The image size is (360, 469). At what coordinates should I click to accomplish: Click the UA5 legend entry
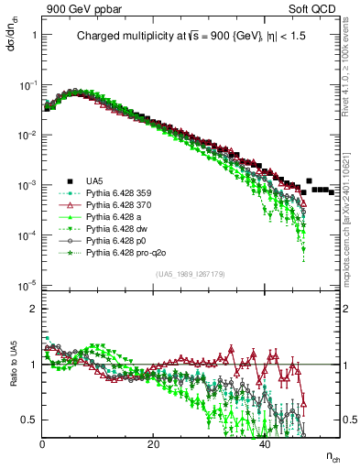click(94, 180)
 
